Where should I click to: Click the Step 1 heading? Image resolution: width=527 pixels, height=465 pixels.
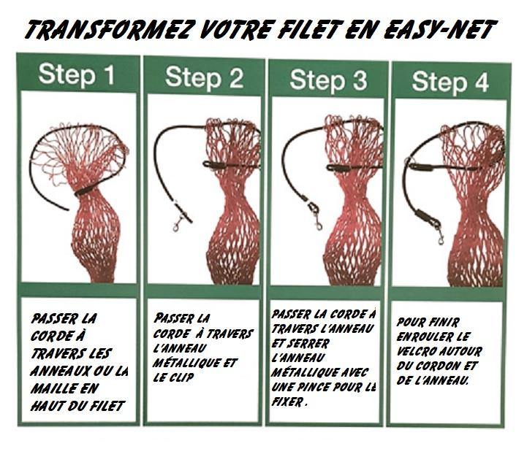(x=77, y=75)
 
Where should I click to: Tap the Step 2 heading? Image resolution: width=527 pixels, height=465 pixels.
(x=204, y=79)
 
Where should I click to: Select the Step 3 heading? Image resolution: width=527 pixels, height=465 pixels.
(x=328, y=80)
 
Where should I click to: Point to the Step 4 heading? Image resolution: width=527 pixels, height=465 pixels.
(x=450, y=82)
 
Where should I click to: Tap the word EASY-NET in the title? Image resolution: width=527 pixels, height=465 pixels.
(x=439, y=29)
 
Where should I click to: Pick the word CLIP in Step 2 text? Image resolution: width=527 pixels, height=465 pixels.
(x=181, y=377)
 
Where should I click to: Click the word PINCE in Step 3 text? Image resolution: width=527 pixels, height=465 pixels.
(x=314, y=387)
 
